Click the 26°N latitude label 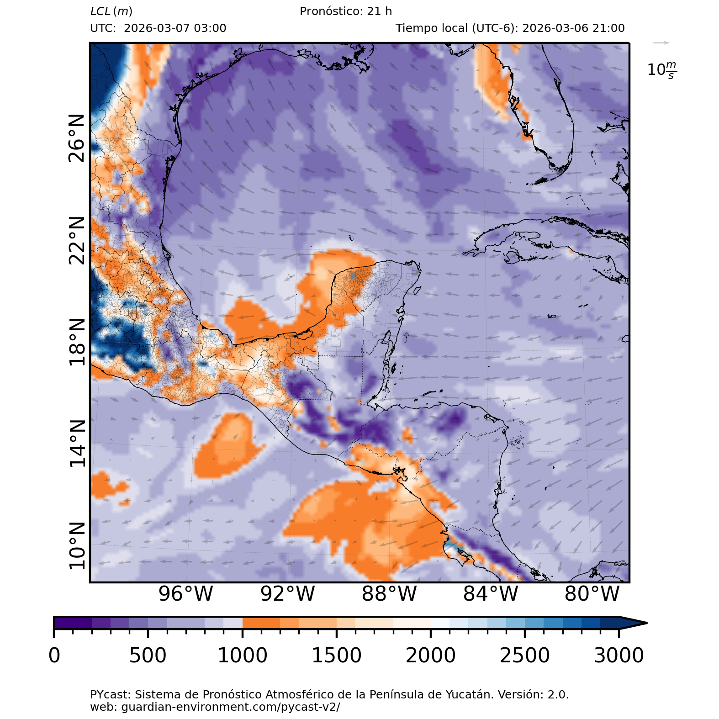(x=77, y=138)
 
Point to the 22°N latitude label (x=77, y=241)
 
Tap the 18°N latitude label (x=77, y=342)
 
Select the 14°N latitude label (x=77, y=444)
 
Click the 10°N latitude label (x=77, y=546)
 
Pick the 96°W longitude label (x=185, y=594)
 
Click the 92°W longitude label (x=287, y=594)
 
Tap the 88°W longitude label (x=389, y=594)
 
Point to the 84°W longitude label (x=491, y=594)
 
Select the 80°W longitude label (x=592, y=594)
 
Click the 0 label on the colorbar (x=54, y=656)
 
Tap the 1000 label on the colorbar (x=243, y=656)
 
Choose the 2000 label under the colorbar (x=431, y=656)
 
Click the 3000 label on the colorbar (x=619, y=656)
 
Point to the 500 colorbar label (x=148, y=656)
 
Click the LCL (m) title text (x=111, y=11)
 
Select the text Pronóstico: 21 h (x=346, y=11)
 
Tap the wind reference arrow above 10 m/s (x=661, y=43)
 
